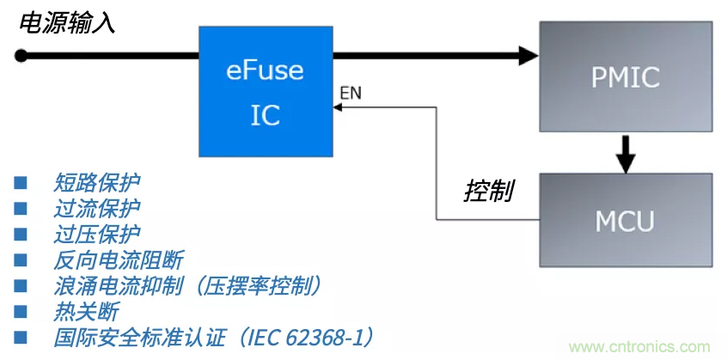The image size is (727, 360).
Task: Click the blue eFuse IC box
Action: click(265, 92)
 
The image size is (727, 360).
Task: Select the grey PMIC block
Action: click(625, 76)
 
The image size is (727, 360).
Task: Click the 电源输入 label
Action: click(68, 22)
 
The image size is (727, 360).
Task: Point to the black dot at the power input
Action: click(21, 57)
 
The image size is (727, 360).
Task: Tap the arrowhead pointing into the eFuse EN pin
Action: click(337, 107)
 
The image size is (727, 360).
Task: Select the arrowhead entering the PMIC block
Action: click(527, 57)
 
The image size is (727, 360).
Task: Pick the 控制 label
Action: click(489, 190)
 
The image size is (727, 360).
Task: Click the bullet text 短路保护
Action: click(96, 182)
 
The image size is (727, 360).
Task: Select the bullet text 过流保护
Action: click(96, 208)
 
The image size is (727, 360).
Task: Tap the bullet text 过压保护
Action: click(96, 234)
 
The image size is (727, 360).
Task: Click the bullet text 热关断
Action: click(86, 311)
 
